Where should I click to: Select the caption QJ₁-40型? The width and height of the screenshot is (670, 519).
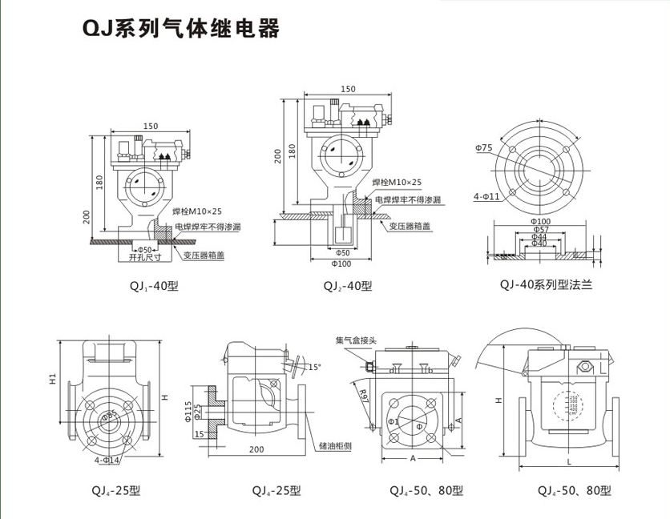click(151, 285)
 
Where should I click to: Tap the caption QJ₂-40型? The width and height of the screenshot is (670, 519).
click(347, 285)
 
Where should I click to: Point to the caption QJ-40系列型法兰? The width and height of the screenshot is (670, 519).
click(545, 284)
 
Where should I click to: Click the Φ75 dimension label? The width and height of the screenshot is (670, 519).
click(484, 147)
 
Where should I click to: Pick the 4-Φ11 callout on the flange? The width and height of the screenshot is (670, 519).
click(486, 195)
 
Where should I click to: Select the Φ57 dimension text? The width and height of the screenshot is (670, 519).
click(539, 230)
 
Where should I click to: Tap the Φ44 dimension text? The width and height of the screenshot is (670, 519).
click(539, 237)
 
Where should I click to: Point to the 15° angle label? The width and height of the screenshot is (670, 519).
click(314, 367)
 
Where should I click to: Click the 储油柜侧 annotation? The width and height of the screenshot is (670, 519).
click(334, 445)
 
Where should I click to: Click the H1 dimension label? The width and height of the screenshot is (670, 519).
click(51, 377)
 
